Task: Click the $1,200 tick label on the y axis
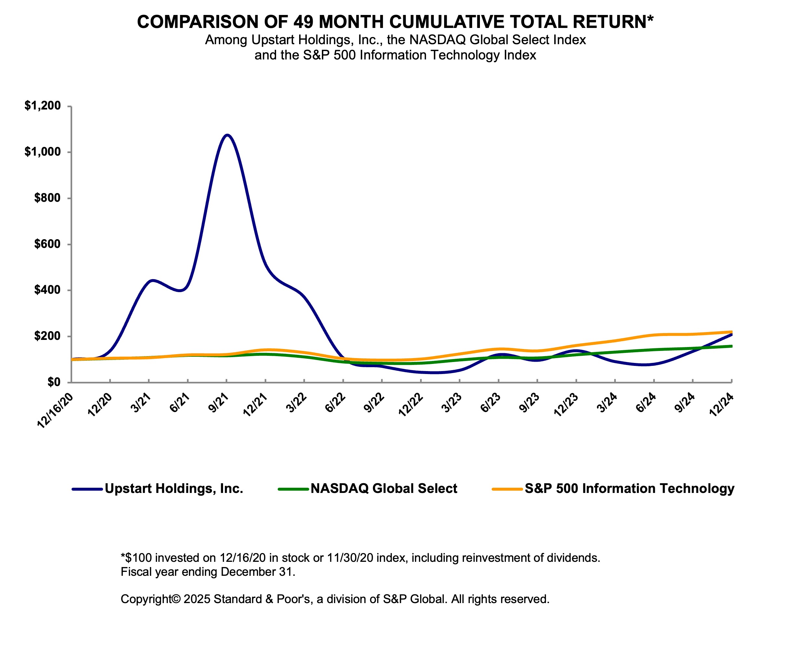(x=42, y=106)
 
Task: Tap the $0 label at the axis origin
(x=54, y=382)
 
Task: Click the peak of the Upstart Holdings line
(x=227, y=135)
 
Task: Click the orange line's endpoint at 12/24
(x=732, y=332)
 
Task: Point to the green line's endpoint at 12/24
(x=732, y=346)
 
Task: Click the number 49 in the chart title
(x=303, y=22)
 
